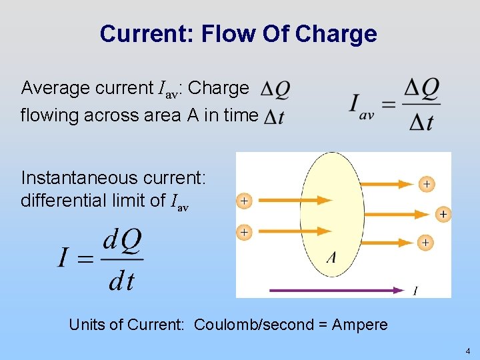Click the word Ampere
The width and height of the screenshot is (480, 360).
(x=359, y=325)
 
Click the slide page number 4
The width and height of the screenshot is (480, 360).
(x=468, y=351)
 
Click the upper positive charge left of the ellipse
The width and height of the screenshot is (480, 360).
(x=245, y=200)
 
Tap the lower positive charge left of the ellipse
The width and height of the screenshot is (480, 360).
(x=245, y=232)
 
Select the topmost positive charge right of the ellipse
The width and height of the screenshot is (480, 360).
(x=425, y=183)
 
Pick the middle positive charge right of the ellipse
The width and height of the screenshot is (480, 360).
(x=443, y=214)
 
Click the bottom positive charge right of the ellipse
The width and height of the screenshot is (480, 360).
(x=425, y=242)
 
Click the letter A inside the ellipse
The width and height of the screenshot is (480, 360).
(x=330, y=257)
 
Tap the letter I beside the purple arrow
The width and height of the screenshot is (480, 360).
(x=415, y=290)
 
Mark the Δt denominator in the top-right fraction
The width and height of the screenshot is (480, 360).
(x=422, y=121)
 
